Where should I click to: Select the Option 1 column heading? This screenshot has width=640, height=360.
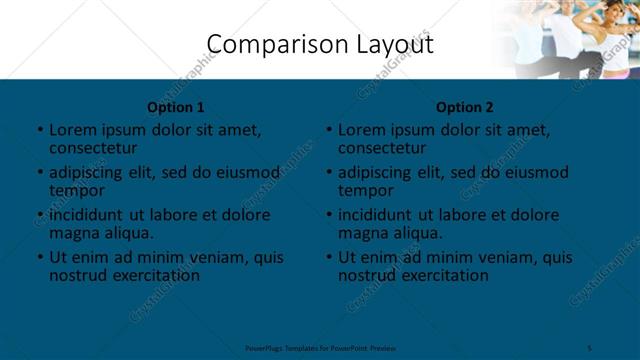click(x=176, y=107)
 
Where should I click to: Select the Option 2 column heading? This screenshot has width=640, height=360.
click(x=465, y=107)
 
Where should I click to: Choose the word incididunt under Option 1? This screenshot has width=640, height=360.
click(x=87, y=215)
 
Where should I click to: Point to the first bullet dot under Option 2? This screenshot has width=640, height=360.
click(x=329, y=130)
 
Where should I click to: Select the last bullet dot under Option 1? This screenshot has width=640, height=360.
click(x=39, y=258)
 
